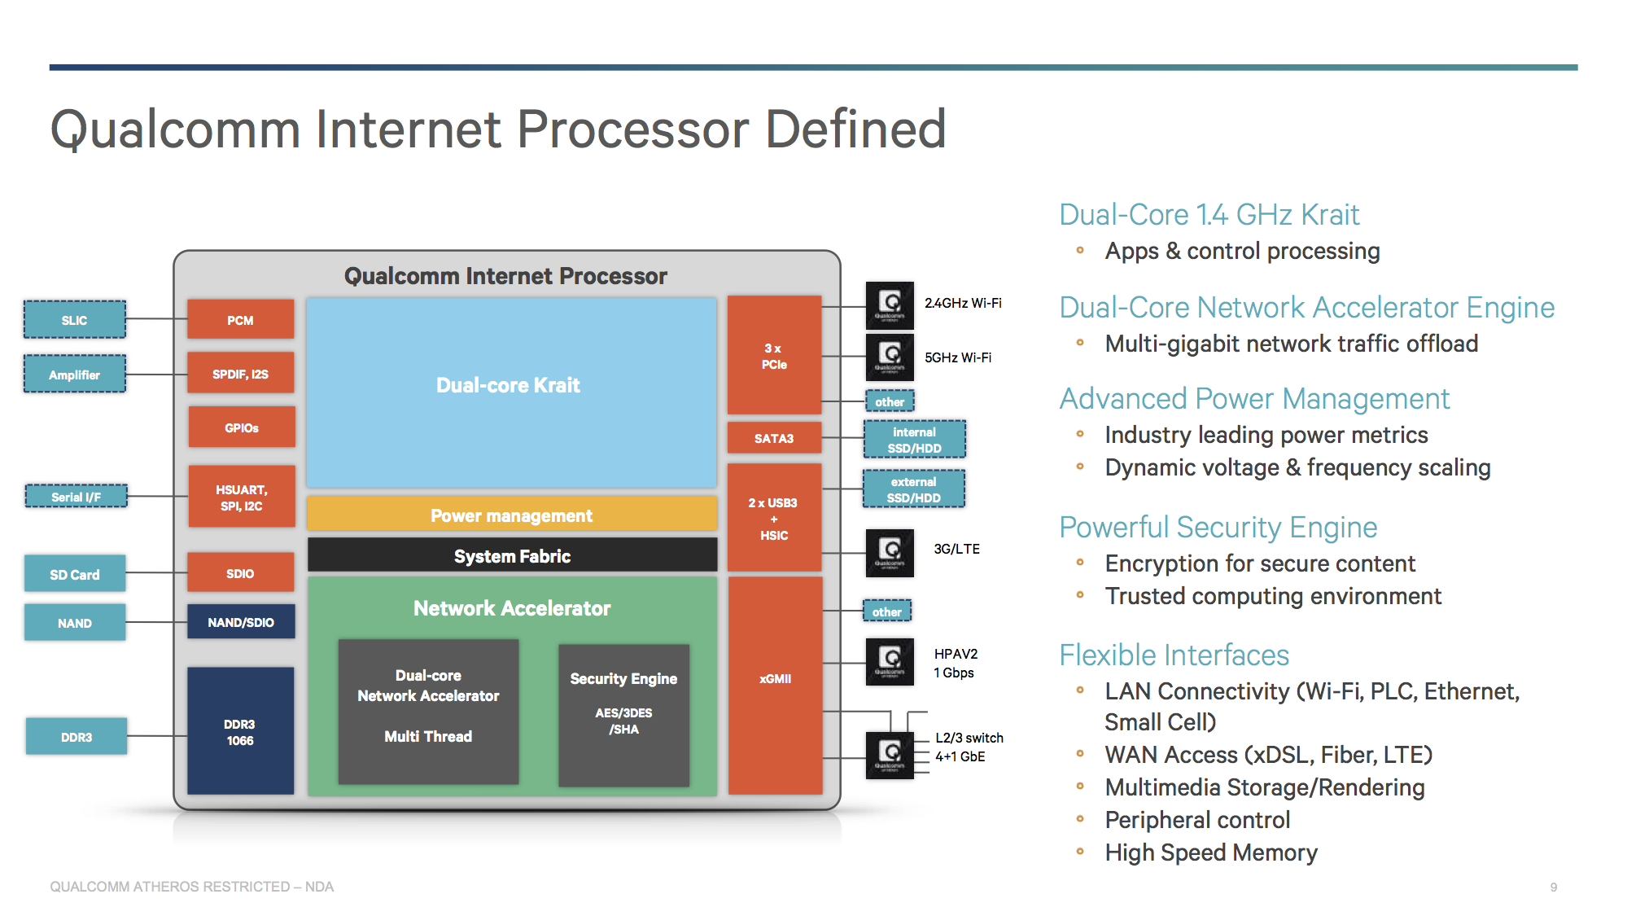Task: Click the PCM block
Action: pos(240,319)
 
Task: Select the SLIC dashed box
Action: pos(75,320)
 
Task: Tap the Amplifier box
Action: pos(75,375)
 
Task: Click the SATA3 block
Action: pos(773,438)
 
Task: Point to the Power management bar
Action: pos(512,515)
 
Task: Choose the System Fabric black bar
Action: pos(512,556)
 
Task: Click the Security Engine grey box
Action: pos(623,714)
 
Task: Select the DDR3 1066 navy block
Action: pos(240,731)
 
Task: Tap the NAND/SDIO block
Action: pos(241,622)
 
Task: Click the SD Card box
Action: pos(75,574)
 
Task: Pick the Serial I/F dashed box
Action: pos(77,497)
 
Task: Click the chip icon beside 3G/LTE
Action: pos(890,553)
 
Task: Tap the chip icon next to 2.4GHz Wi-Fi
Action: pos(890,305)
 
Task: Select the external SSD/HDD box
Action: pos(914,489)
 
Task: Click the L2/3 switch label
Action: pos(969,738)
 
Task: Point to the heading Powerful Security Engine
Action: pos(1218,528)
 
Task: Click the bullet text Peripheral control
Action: pos(1197,820)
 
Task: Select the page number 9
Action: pos(1554,887)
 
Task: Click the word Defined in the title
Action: pos(855,129)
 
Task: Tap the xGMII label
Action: pos(775,678)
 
